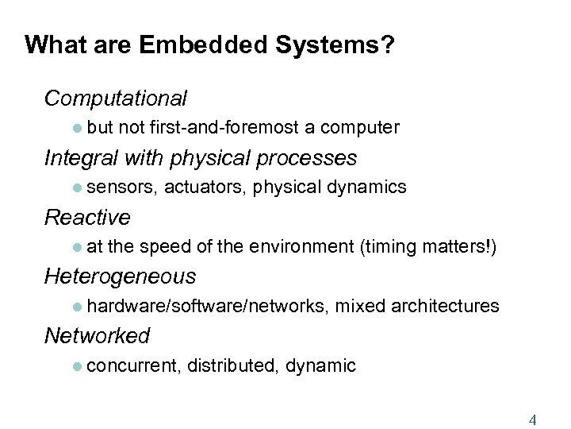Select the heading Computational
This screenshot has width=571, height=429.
point(116,99)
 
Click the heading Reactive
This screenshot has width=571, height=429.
point(87,217)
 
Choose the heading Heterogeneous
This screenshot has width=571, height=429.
point(120,276)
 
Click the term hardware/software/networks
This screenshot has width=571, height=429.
point(207,306)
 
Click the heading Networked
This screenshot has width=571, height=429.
point(97,335)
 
